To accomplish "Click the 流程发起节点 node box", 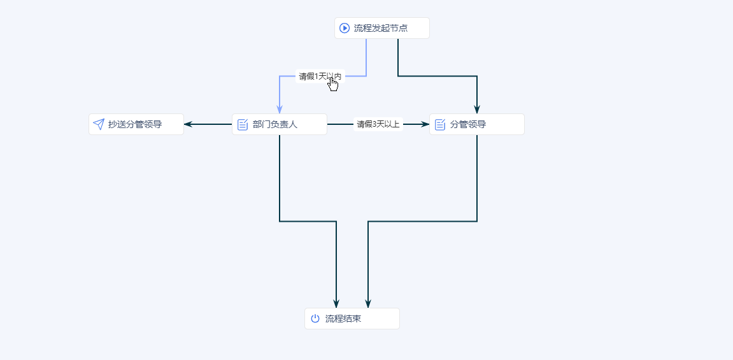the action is [x=382, y=28].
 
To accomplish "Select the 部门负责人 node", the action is [x=280, y=124].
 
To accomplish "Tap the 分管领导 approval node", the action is [x=477, y=124].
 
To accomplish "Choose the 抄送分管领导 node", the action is [x=136, y=124].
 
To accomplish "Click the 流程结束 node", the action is [x=352, y=319].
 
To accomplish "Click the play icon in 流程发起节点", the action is [x=345, y=28].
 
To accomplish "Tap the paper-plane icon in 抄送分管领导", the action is [x=99, y=124].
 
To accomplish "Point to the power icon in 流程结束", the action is [x=315, y=319].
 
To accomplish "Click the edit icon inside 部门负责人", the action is [x=243, y=124].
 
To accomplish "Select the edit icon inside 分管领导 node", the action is [x=440, y=124].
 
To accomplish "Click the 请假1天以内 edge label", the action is [x=320, y=76].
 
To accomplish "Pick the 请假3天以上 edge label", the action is [x=378, y=124].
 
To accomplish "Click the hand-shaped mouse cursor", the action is [x=333, y=83].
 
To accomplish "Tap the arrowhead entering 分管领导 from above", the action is [x=477, y=108].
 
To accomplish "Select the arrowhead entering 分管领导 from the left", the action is [x=425, y=124].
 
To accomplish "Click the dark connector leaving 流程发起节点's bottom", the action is [x=437, y=76].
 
